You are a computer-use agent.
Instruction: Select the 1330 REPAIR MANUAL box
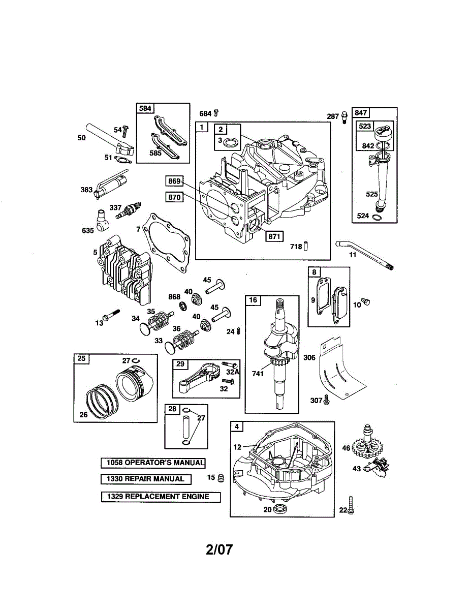[146, 479]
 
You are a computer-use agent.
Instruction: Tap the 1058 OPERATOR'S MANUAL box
[153, 463]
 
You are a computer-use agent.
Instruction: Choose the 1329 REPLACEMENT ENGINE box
[161, 497]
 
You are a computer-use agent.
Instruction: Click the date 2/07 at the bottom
[219, 550]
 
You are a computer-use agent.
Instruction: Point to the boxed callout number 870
[174, 198]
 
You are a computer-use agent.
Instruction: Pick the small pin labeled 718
[307, 247]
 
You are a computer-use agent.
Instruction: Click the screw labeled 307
[327, 401]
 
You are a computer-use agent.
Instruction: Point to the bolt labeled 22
[350, 505]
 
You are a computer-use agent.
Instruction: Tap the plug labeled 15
[221, 478]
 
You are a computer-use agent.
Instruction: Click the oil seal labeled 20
[278, 509]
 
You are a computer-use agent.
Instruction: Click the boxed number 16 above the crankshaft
[253, 300]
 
